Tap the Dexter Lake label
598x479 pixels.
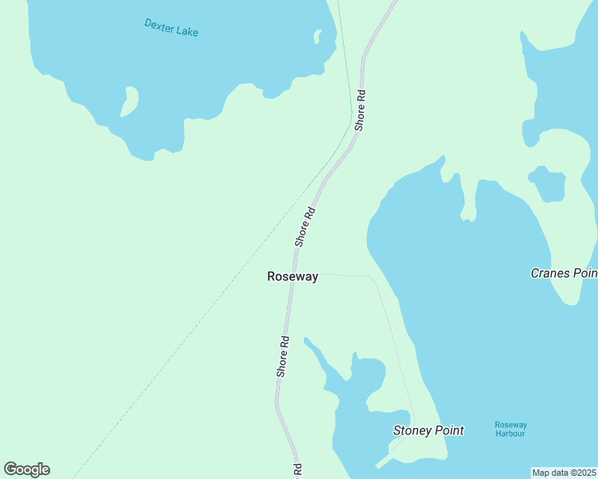tap(171, 27)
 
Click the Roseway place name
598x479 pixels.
tap(293, 277)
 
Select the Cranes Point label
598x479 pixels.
tap(564, 273)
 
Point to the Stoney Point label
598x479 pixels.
tap(429, 430)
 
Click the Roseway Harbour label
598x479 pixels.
tap(510, 429)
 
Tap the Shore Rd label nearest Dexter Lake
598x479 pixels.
tap(361, 109)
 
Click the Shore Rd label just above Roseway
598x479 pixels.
tap(305, 226)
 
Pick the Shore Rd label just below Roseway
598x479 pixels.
tap(283, 356)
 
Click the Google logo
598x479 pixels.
tap(26, 469)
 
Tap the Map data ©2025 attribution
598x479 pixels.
tap(564, 473)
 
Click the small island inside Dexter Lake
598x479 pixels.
tap(129, 101)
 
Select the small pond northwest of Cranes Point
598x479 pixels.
tap(548, 184)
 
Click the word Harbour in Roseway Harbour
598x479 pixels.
tap(510, 433)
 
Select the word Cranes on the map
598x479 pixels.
tap(549, 273)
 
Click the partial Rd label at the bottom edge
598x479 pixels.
tap(297, 471)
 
